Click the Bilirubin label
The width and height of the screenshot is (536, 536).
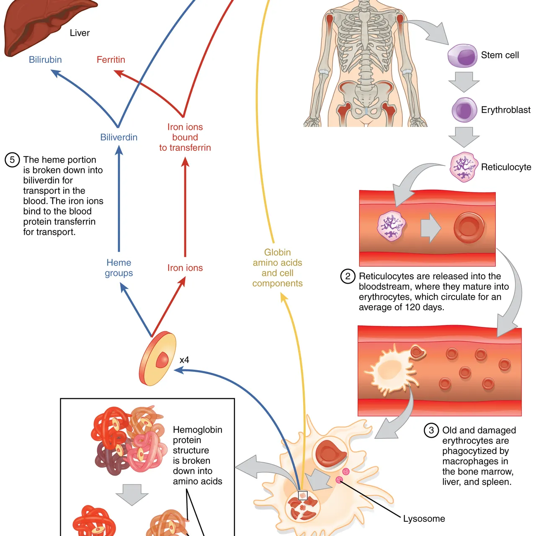(45, 60)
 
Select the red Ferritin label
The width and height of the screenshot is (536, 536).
(111, 60)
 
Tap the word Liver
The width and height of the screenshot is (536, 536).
(80, 33)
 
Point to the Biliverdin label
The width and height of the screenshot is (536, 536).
(119, 137)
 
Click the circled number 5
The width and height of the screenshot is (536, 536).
(12, 160)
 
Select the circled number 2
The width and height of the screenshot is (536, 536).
(348, 276)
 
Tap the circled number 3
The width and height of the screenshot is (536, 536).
(431, 430)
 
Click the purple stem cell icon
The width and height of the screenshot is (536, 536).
(462, 56)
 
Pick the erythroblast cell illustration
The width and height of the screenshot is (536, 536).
(464, 110)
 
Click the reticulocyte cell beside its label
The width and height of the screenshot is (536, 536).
(464, 167)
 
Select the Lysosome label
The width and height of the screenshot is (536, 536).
(424, 519)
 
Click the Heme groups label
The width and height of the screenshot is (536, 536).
(119, 268)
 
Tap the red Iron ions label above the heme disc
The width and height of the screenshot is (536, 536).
(185, 268)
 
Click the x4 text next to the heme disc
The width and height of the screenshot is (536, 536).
(184, 360)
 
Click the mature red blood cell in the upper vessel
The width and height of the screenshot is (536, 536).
(469, 228)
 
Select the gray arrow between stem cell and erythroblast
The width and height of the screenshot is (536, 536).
(464, 82)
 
